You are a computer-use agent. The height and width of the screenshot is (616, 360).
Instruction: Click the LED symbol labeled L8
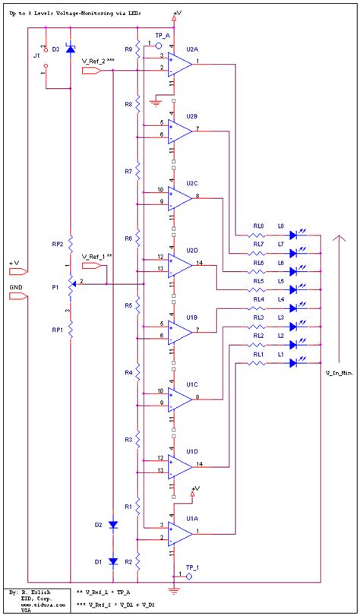tap(295, 235)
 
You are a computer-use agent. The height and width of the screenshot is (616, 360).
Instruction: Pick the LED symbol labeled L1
tap(295, 364)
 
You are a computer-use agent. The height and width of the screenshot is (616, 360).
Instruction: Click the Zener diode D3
tap(70, 49)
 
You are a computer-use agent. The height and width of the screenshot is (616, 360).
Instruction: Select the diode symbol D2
tap(113, 525)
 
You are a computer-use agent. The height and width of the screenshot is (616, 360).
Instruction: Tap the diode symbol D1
tap(113, 561)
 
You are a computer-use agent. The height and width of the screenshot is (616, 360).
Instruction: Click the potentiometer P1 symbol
tap(71, 283)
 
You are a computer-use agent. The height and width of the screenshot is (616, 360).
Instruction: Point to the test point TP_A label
tap(162, 36)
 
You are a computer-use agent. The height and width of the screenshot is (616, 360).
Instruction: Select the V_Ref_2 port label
tap(99, 60)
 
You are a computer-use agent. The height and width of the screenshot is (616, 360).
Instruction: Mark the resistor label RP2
tap(57, 245)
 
